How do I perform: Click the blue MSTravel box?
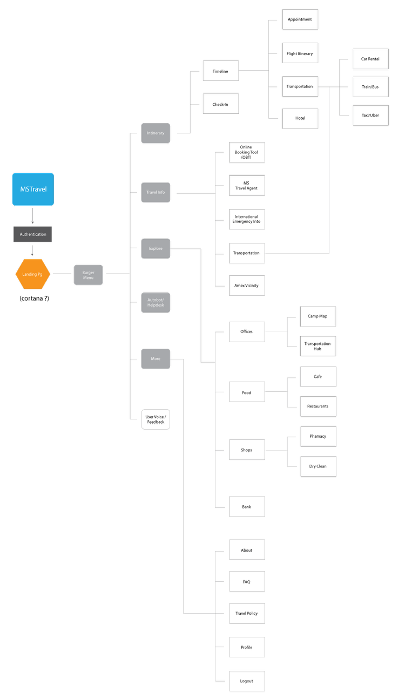pos(33,189)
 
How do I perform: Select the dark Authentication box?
pos(32,234)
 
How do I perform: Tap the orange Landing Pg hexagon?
pos(32,274)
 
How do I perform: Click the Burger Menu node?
pos(88,275)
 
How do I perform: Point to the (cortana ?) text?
pos(35,298)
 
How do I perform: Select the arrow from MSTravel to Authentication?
pos(32,216)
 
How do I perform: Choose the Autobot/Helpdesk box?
pos(156,302)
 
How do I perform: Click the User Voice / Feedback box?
pos(156,419)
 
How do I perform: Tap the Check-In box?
pos(221,104)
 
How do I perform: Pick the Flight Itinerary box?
pos(300,53)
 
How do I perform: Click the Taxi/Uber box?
pos(370,115)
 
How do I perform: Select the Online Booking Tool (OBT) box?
pos(247,152)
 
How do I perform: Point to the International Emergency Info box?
pos(247,219)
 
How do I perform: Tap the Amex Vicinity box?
pos(247,286)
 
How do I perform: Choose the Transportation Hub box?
pos(318,346)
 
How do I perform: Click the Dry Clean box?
pos(319,466)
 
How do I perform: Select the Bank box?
pos(247,507)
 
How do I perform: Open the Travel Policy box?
pos(247,614)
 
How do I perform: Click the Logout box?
pos(247,681)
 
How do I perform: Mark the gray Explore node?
pos(156,249)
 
